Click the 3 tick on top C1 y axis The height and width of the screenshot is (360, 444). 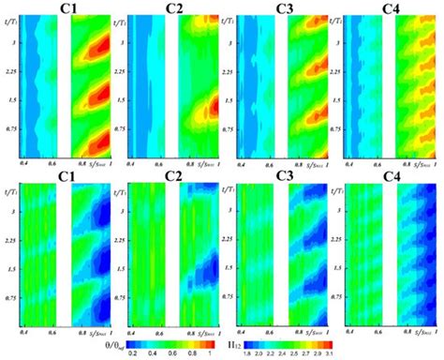click(x=12, y=42)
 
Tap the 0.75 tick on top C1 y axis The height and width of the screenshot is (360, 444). click(x=9, y=127)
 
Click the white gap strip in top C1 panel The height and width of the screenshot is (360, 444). click(x=63, y=89)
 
